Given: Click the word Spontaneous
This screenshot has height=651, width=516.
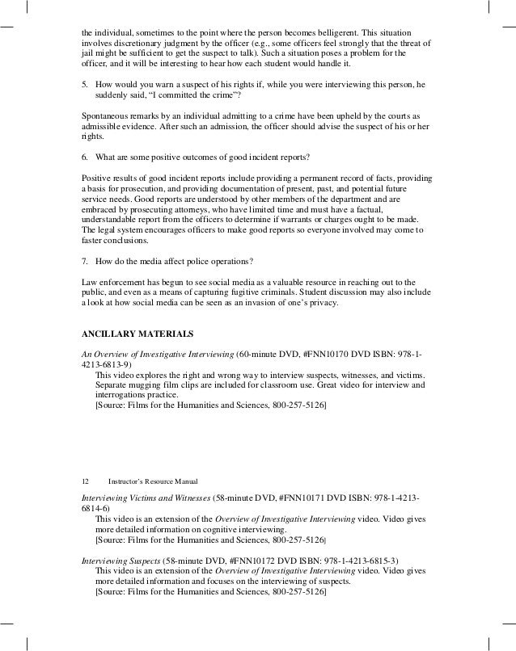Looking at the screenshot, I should [x=108, y=116].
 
